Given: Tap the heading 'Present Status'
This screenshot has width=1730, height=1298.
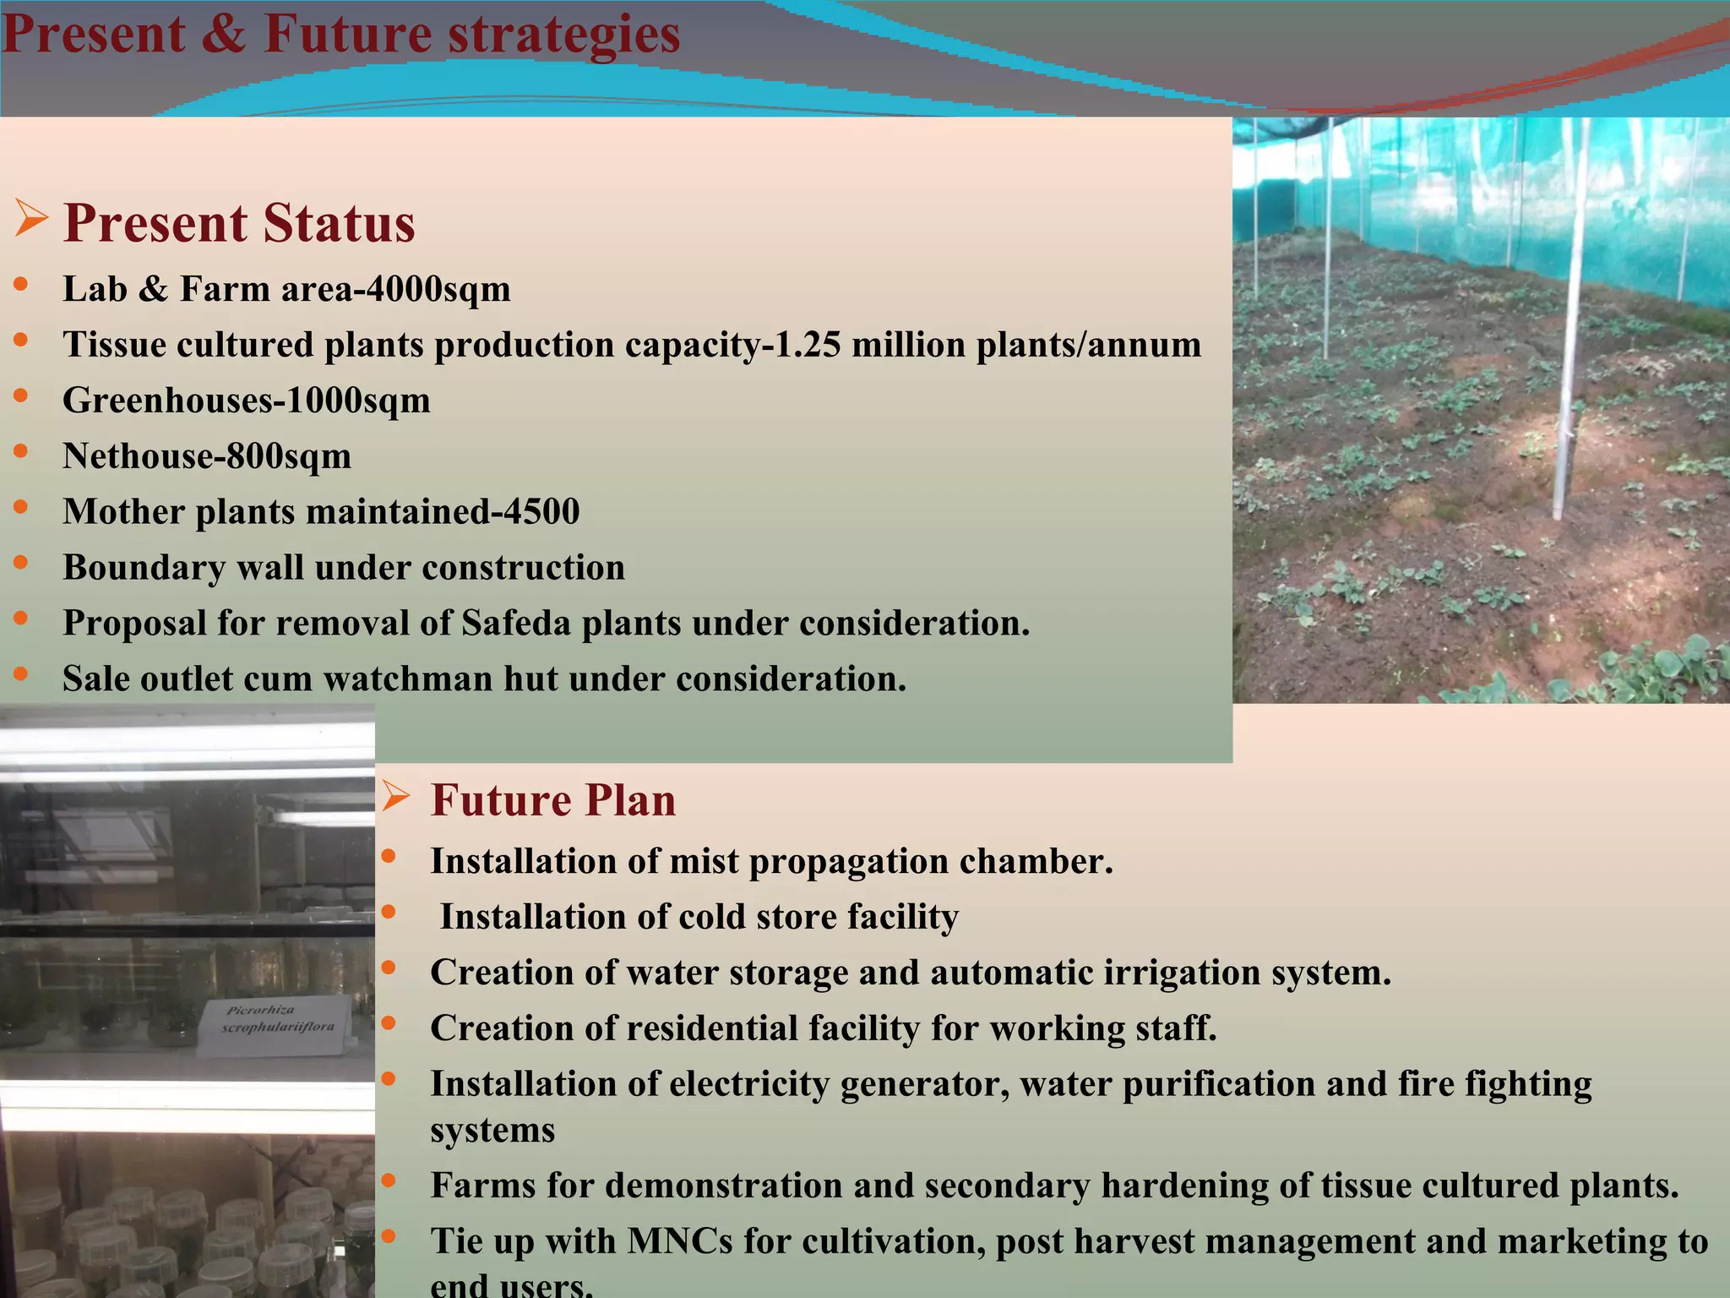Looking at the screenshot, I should (239, 223).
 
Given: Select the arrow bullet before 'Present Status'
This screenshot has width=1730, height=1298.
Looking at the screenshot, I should (31, 219).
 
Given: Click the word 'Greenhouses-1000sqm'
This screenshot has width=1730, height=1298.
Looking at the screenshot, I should (247, 401).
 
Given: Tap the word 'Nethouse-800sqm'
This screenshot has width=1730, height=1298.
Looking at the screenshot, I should (207, 456).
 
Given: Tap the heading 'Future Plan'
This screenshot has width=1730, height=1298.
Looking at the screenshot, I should (553, 800).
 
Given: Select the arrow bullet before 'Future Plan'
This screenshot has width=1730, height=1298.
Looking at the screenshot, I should (395, 796).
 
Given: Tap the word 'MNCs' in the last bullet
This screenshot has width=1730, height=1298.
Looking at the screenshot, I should (680, 1242).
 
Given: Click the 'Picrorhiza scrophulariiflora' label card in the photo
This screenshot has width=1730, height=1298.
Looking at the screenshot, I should (275, 1023).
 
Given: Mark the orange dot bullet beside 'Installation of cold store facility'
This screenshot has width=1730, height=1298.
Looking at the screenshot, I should (389, 912).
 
